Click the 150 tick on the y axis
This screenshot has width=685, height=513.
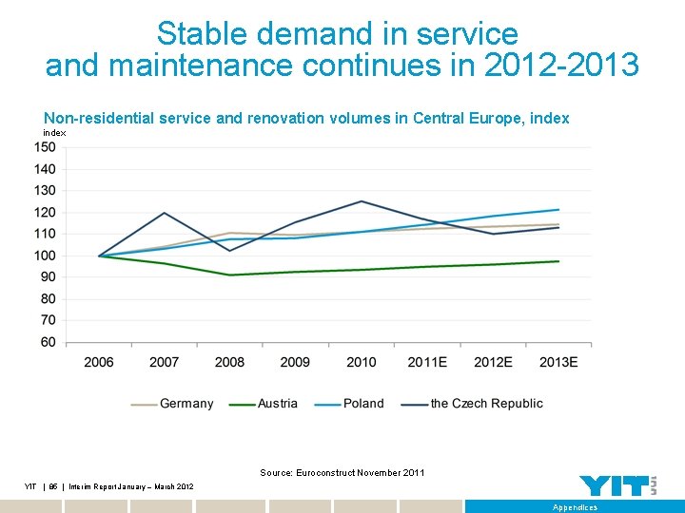[x=46, y=147]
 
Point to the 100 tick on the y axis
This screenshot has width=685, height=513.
[x=46, y=256]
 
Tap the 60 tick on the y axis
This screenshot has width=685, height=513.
[x=49, y=342]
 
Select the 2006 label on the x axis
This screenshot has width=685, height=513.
[x=99, y=362]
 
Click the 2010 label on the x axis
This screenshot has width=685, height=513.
[x=361, y=362]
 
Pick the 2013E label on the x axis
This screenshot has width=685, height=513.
[x=558, y=362]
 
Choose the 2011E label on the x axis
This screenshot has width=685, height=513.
[x=426, y=362]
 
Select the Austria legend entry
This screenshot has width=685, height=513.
[x=277, y=404]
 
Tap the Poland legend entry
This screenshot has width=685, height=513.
[x=362, y=404]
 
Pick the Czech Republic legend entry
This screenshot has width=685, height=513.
[x=486, y=404]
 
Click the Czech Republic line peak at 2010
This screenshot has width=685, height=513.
[x=361, y=201]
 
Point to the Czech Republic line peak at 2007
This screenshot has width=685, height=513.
[x=165, y=213]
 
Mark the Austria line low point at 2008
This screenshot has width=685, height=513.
[x=229, y=275]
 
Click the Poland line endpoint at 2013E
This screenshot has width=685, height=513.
[x=558, y=210]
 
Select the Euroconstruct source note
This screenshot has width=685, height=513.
[x=342, y=473]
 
